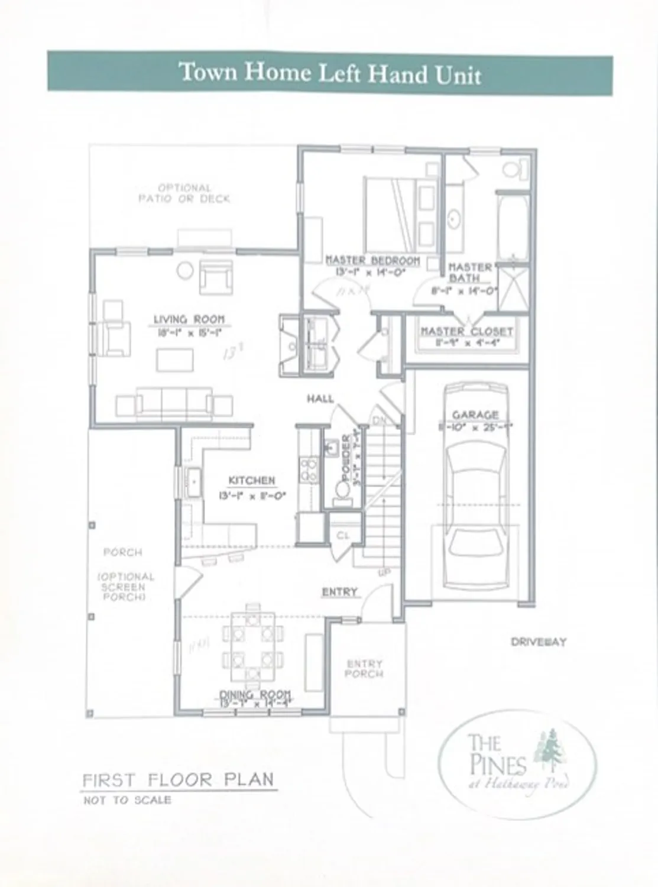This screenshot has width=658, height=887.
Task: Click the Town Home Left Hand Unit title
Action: (x=329, y=73)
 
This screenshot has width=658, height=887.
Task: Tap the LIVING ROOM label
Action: (x=189, y=319)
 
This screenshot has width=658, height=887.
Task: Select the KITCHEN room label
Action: (x=252, y=481)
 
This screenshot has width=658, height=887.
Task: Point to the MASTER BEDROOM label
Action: (x=372, y=260)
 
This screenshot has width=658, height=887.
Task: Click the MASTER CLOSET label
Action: (x=466, y=331)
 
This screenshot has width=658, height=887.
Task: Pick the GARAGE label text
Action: (x=475, y=415)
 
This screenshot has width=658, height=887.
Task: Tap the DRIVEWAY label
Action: (x=538, y=642)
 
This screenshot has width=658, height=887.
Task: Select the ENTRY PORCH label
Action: (x=364, y=669)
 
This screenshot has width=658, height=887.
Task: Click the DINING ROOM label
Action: (x=255, y=694)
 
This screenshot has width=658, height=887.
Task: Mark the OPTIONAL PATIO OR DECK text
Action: (x=184, y=193)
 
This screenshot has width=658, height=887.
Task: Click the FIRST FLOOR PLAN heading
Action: (x=178, y=779)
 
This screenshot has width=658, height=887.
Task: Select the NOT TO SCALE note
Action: (x=127, y=801)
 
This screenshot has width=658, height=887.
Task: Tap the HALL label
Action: (x=320, y=399)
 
